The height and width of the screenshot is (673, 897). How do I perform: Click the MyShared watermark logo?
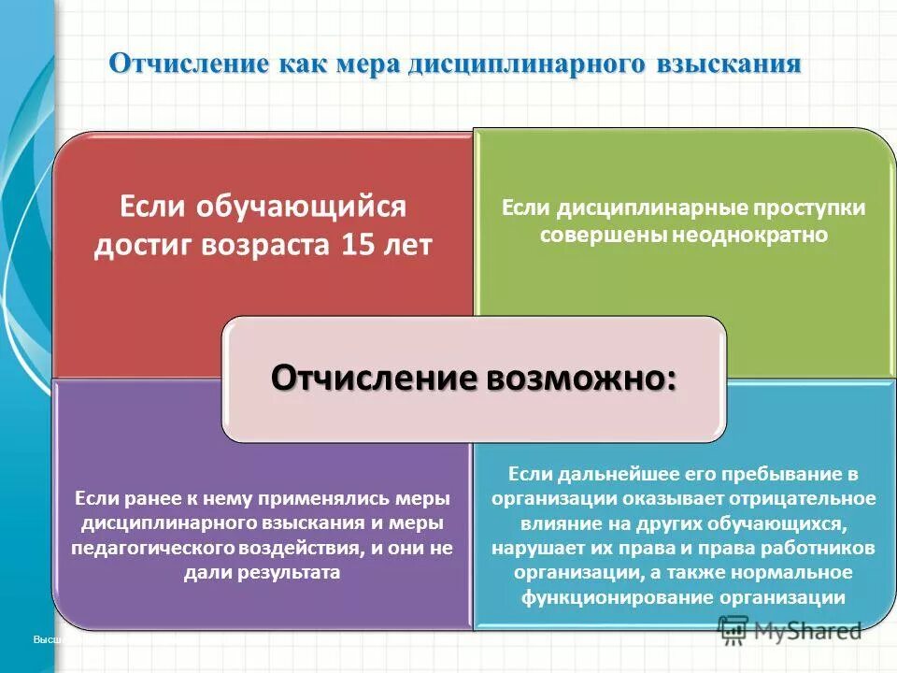tap(790, 631)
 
